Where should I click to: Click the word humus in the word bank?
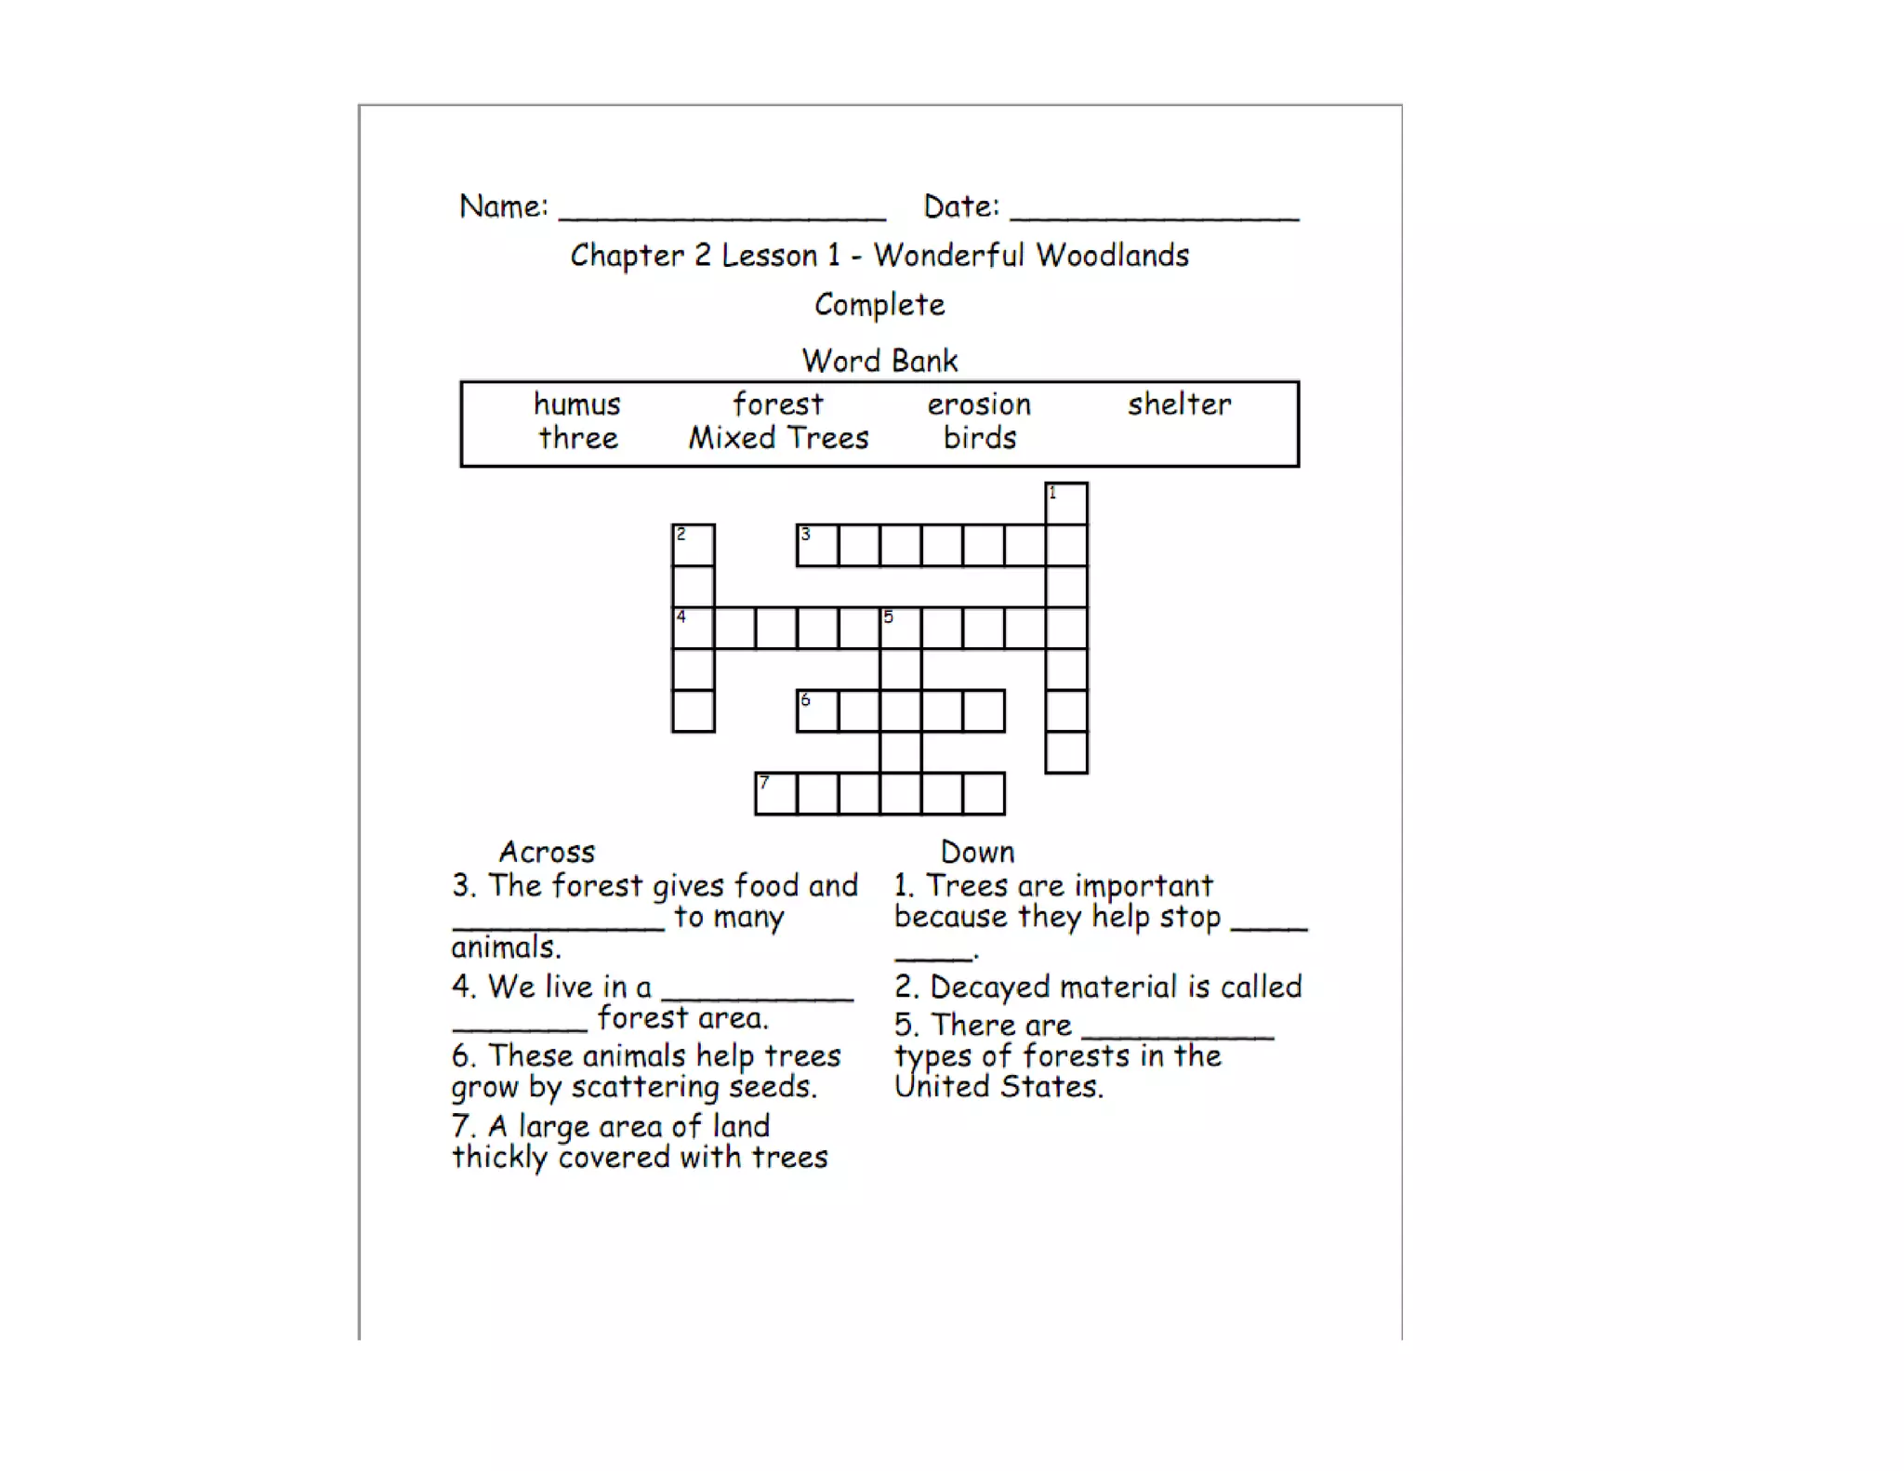click(576, 404)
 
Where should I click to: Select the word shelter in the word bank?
click(1179, 404)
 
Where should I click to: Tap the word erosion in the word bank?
click(979, 404)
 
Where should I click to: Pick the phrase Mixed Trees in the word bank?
click(778, 438)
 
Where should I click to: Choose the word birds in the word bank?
click(980, 438)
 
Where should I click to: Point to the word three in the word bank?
click(578, 438)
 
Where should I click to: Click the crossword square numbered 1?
click(1066, 503)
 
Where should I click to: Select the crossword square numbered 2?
click(694, 545)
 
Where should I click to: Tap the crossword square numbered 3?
click(817, 545)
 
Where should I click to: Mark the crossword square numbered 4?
click(694, 628)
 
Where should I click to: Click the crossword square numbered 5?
click(900, 628)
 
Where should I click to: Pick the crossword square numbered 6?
click(817, 710)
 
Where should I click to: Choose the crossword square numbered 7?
click(776, 793)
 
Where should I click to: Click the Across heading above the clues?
click(547, 852)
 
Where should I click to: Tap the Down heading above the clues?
click(977, 852)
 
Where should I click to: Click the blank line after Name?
click(722, 212)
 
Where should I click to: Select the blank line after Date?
click(1154, 212)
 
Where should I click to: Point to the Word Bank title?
click(879, 361)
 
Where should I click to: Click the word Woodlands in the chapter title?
click(1112, 255)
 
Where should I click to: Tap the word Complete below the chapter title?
click(879, 305)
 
